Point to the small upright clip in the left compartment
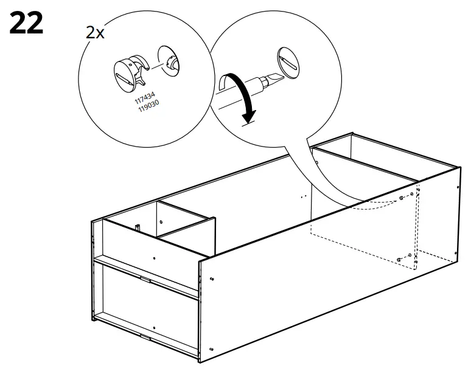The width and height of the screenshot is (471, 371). click(x=138, y=227)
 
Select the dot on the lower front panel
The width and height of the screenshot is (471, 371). click(x=153, y=328)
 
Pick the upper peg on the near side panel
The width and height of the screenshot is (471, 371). click(x=212, y=279)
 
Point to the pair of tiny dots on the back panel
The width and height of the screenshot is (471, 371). click(x=301, y=197)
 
